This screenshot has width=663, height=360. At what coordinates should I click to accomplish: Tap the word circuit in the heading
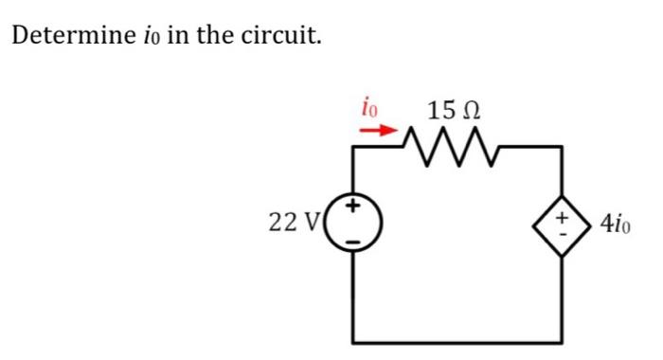coord(287,38)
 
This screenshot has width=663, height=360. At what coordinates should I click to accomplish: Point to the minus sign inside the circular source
coord(355,241)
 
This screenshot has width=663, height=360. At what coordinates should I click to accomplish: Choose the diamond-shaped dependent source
coord(564,225)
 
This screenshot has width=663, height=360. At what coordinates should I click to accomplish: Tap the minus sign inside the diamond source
coord(564,235)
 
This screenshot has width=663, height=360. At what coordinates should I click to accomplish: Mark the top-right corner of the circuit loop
coord(564,148)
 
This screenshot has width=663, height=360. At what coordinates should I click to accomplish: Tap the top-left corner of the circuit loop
coord(355,148)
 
